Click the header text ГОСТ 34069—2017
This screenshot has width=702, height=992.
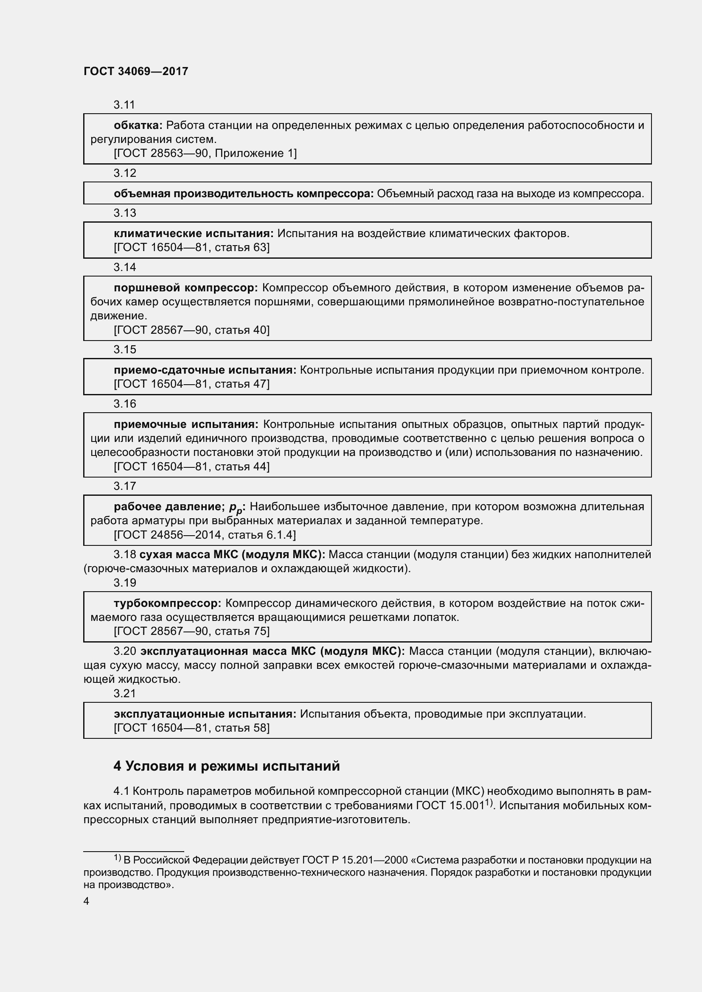(x=136, y=71)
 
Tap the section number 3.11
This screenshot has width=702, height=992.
(x=124, y=105)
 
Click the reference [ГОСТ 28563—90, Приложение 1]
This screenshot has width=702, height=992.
(x=205, y=154)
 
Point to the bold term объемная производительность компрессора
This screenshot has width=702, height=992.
(x=243, y=193)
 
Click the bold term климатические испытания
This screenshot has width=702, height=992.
(x=193, y=234)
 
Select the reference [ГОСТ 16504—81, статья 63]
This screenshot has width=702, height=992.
(x=191, y=248)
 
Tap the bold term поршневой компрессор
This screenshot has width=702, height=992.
(x=185, y=288)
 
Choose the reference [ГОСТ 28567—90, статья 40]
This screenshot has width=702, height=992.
(x=191, y=330)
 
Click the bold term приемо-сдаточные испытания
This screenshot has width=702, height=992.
(x=205, y=370)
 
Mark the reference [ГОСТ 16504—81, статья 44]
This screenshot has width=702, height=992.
(x=191, y=467)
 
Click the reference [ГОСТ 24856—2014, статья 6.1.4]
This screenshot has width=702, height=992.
(x=205, y=535)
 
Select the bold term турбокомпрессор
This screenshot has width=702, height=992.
(x=168, y=603)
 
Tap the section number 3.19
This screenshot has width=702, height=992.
(x=124, y=583)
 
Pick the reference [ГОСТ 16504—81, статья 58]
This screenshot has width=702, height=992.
(x=191, y=728)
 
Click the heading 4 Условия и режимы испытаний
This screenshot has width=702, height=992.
(x=227, y=766)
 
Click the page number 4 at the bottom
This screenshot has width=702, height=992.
(x=87, y=901)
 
